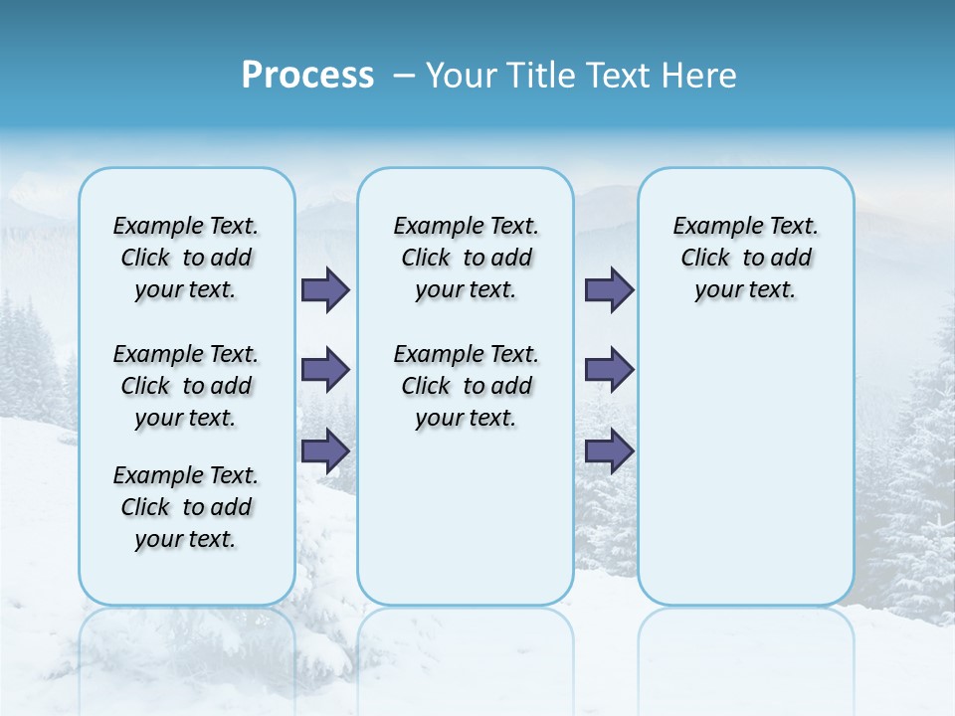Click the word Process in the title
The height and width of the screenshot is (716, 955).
[x=307, y=76]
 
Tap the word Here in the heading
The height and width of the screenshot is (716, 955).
[x=697, y=76]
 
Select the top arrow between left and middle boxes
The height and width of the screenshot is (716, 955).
[x=325, y=290]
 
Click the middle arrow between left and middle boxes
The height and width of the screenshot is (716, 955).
[x=325, y=370]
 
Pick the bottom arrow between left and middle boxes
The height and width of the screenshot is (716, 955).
[x=325, y=450]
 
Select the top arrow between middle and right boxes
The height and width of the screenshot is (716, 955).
[x=609, y=290]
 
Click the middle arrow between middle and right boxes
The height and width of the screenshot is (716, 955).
[x=609, y=370]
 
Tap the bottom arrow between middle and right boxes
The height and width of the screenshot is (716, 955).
[x=609, y=450]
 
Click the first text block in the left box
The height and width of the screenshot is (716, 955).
[x=186, y=258]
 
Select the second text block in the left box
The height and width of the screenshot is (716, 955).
[x=186, y=386]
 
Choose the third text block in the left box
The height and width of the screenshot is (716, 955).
[x=186, y=507]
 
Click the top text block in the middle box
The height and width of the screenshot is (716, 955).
[x=466, y=258]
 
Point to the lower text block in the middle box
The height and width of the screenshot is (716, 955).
[x=466, y=386]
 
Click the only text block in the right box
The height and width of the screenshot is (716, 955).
[x=745, y=258]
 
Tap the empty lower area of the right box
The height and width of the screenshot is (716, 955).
[x=745, y=467]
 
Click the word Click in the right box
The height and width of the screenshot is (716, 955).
[x=705, y=258]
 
